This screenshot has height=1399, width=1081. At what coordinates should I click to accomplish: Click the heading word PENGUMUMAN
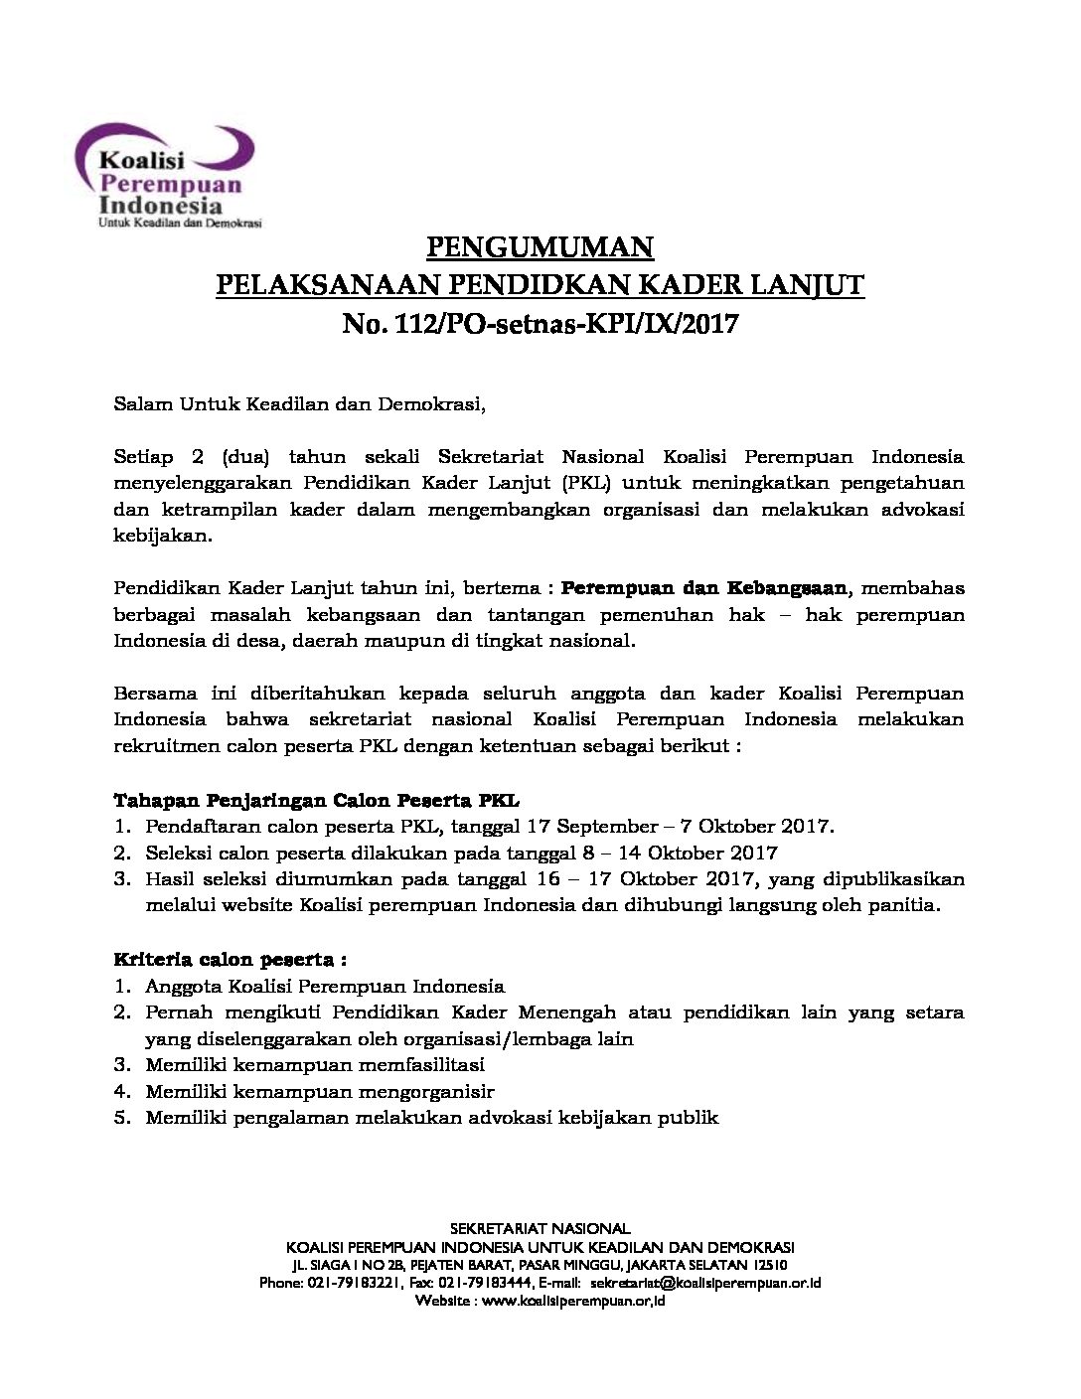540,246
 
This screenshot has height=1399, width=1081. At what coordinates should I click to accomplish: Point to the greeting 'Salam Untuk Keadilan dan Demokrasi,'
300,404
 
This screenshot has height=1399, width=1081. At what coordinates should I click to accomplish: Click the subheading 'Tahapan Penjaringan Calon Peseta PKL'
317,799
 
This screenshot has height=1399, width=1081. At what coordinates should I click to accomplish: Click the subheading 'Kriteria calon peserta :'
231,960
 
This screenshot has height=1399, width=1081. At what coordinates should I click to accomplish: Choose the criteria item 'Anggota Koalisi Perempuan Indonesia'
325,987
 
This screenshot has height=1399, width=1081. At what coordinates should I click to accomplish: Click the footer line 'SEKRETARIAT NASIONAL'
540,1229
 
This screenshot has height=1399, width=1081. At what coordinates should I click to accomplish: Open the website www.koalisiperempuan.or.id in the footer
572,1301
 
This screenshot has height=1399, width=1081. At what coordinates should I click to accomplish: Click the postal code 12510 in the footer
770,1265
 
